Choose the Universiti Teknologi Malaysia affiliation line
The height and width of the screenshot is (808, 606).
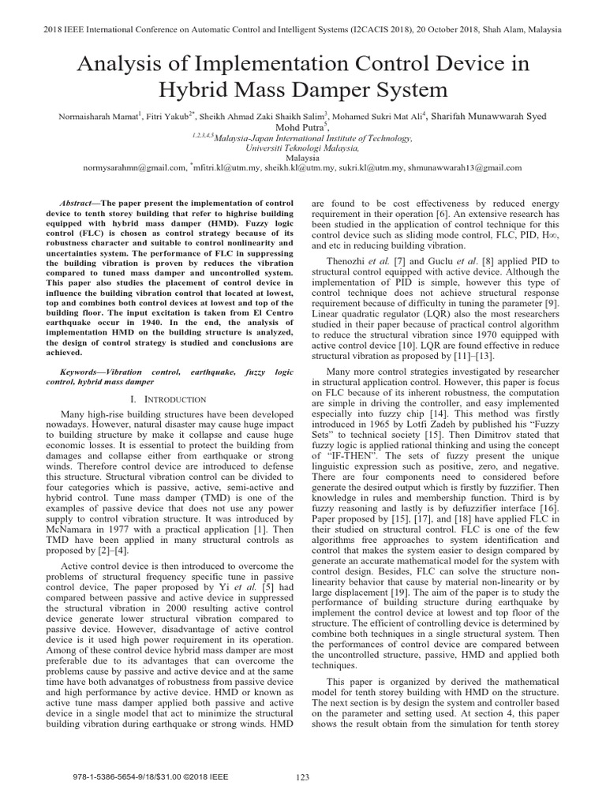302,147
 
